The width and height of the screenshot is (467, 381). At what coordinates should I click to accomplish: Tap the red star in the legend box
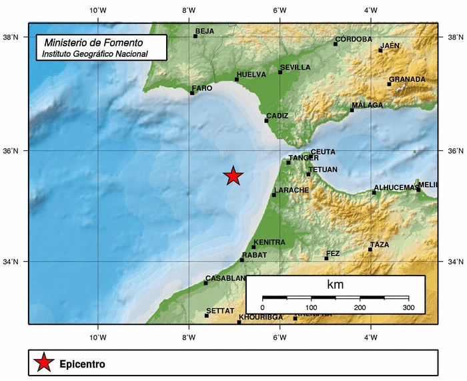click(x=44, y=363)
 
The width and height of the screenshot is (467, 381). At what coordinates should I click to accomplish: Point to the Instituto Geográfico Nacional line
click(x=94, y=53)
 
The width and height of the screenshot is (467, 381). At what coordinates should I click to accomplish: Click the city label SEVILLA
click(x=295, y=68)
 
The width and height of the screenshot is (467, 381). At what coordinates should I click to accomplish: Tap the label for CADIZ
click(x=277, y=116)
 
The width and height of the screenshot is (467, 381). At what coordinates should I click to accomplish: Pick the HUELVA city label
click(x=252, y=75)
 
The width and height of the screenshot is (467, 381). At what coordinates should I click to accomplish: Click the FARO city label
click(x=201, y=88)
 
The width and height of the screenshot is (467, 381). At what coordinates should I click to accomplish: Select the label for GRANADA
click(x=406, y=80)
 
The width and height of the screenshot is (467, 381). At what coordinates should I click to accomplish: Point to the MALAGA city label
click(x=367, y=106)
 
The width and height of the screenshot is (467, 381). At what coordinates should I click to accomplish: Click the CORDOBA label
click(x=354, y=39)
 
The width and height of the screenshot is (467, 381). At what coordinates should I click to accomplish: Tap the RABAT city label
click(x=255, y=255)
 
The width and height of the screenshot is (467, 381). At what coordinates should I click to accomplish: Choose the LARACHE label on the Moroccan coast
click(x=292, y=190)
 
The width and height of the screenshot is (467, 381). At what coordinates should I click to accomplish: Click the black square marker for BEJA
click(x=195, y=36)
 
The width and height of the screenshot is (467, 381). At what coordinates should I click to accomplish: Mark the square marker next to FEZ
click(x=326, y=258)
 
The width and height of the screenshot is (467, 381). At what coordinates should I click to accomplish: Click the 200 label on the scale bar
click(x=360, y=307)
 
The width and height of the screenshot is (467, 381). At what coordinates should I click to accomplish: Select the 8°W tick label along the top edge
click(x=189, y=10)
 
